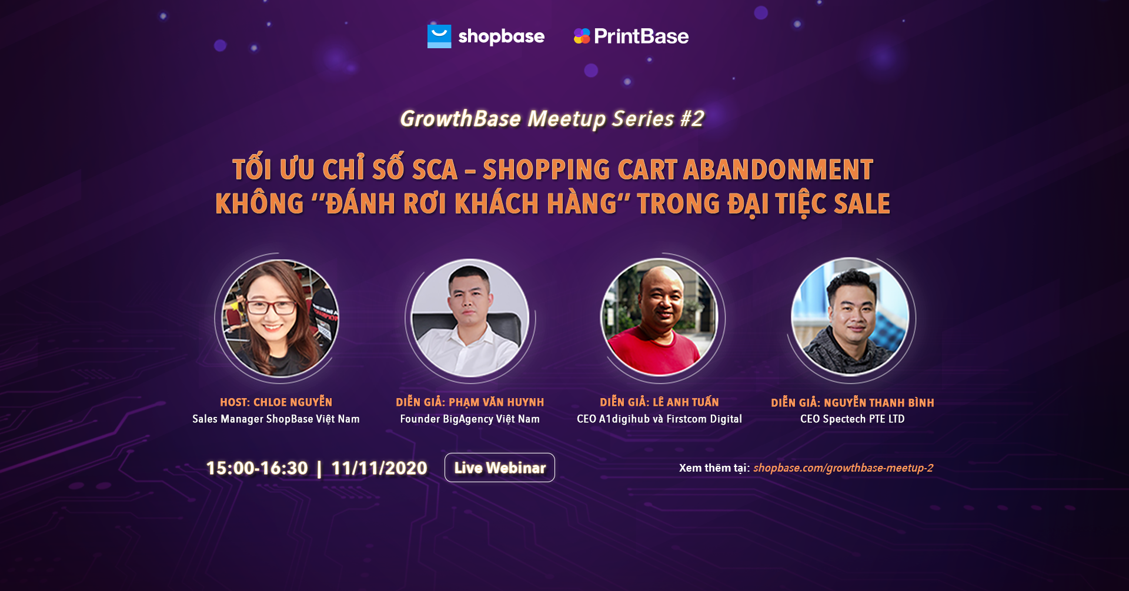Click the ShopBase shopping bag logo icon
439,36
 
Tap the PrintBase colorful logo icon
582,36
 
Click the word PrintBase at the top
641,36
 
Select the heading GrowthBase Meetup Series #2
552,119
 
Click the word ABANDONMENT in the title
778,170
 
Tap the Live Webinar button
500,468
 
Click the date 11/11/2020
379,468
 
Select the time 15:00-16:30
257,468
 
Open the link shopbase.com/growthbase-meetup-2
843,468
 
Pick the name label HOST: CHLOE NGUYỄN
276,402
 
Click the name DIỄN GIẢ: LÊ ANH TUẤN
659,402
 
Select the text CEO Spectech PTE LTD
852,419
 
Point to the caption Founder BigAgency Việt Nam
470,419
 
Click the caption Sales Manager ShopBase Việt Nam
276,419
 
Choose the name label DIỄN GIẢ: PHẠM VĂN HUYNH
470,402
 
